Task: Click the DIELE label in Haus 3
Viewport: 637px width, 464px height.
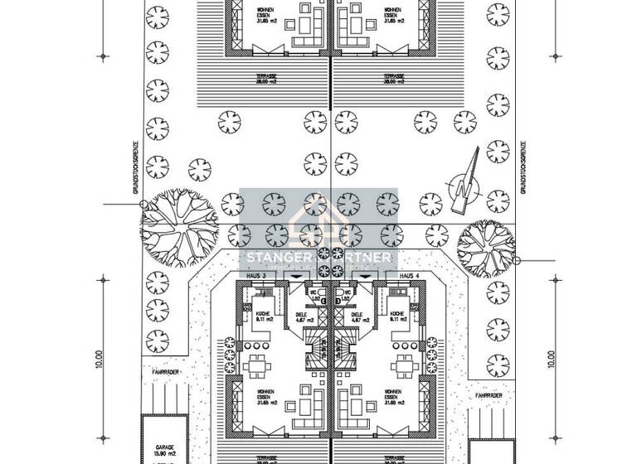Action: point(301,317)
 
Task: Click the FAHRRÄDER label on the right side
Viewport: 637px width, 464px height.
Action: point(489,396)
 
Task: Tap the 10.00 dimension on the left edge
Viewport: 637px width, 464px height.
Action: point(98,358)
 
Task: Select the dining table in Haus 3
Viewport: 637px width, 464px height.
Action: point(256,365)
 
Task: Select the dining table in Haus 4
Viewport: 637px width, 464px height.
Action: point(405,365)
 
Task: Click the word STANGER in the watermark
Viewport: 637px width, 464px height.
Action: point(275,259)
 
